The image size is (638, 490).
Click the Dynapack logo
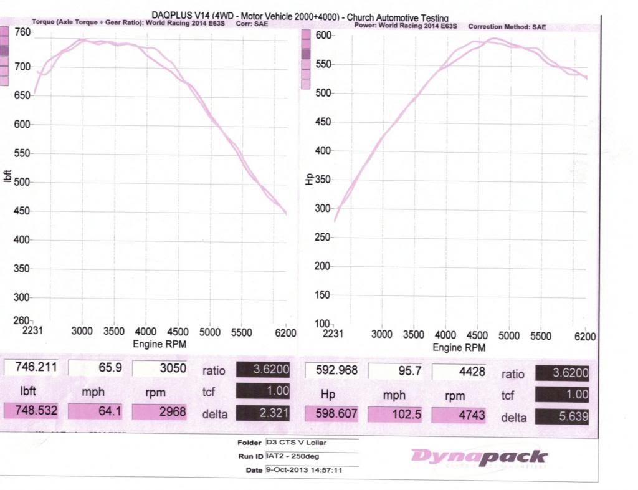pyautogui.click(x=478, y=458)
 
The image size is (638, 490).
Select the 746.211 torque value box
pyautogui.click(x=31, y=368)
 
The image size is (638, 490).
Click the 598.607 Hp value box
pyautogui.click(x=331, y=413)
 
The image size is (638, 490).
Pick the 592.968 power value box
pyautogui.click(x=331, y=370)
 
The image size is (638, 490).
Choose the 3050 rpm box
pyautogui.click(x=159, y=368)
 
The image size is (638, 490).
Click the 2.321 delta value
pyautogui.click(x=263, y=412)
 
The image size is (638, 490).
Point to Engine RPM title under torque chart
pyautogui.click(x=159, y=343)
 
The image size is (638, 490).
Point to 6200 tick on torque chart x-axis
pyautogui.click(x=285, y=332)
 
